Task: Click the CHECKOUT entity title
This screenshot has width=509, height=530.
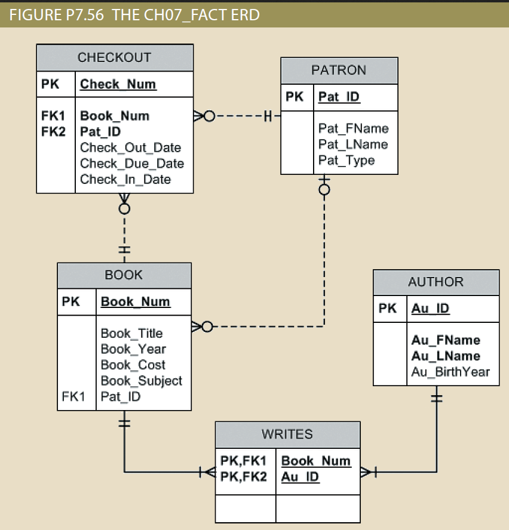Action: pyautogui.click(x=114, y=58)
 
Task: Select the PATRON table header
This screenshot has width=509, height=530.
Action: pyautogui.click(x=339, y=70)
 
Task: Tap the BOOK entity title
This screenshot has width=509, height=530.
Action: pyautogui.click(x=124, y=275)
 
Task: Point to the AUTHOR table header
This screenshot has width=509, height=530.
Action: pyautogui.click(x=436, y=282)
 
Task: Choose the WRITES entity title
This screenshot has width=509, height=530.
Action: pyautogui.click(x=287, y=435)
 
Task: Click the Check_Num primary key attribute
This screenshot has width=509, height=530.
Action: pyautogui.click(x=118, y=84)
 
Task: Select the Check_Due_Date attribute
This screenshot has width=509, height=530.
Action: pyautogui.click(x=131, y=164)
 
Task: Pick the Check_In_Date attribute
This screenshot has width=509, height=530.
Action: pyautogui.click(x=125, y=180)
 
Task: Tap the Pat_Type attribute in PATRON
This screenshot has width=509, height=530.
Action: pyautogui.click(x=347, y=161)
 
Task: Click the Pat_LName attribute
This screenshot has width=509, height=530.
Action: pyautogui.click(x=352, y=144)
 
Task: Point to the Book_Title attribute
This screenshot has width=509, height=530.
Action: pyautogui.click(x=131, y=334)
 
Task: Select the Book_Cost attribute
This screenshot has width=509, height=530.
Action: pyautogui.click(x=133, y=365)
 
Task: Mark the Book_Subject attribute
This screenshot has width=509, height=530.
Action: pyautogui.click(x=141, y=381)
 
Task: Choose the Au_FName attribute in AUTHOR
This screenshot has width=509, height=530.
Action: pyautogui.click(x=445, y=340)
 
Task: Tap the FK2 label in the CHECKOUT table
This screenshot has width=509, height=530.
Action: pyautogui.click(x=53, y=132)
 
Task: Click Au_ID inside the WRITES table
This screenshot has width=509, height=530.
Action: pyautogui.click(x=300, y=477)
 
